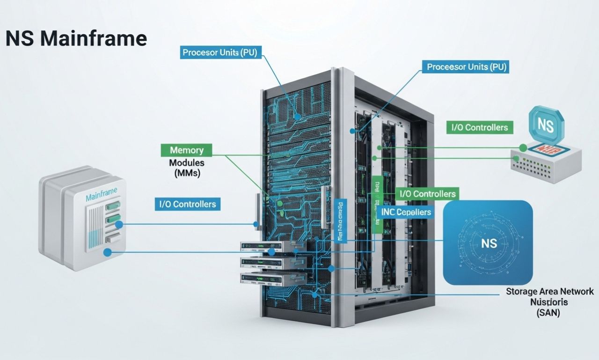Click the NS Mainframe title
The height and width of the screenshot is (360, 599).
76,38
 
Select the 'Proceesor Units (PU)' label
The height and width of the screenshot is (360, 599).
467,67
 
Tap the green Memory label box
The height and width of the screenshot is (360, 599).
187,150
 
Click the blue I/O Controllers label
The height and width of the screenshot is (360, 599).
187,204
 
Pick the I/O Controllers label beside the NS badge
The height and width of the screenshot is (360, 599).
479,127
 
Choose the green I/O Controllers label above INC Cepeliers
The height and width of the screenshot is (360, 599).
427,194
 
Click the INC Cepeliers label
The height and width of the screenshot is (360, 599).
406,212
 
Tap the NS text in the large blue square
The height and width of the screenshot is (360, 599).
488,243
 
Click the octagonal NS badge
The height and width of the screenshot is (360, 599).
546,125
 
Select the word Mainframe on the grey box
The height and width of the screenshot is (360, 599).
102,198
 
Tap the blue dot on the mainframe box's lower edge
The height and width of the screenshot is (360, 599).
108,252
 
